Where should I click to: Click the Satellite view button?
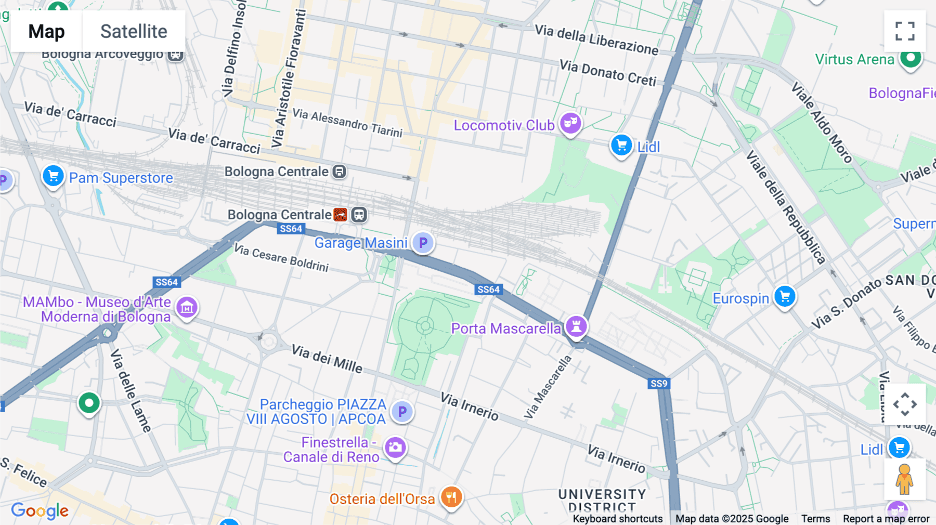[x=134, y=31]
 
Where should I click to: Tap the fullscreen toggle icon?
[x=905, y=31]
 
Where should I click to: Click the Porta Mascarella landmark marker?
[x=576, y=327]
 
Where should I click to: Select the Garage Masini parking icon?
[x=423, y=242]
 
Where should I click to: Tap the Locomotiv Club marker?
[x=570, y=124]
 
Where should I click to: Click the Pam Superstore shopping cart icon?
[x=53, y=176]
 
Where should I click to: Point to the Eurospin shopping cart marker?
[x=785, y=297]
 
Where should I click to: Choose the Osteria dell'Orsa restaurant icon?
[x=451, y=497]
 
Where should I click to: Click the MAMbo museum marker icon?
[x=187, y=308]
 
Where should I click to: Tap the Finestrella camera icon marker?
[x=395, y=448]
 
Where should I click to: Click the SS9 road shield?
[x=659, y=384]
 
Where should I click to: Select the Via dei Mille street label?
[x=327, y=358]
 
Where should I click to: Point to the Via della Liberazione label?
[x=596, y=40]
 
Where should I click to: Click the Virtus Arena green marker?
[x=911, y=58]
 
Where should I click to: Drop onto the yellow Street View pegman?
[x=904, y=479]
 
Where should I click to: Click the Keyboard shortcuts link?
[x=617, y=518]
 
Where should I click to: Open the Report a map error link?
[x=886, y=518]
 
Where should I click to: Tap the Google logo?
[x=40, y=510]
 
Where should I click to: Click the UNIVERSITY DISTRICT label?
[x=602, y=500]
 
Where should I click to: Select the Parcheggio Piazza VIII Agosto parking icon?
[x=402, y=412]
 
